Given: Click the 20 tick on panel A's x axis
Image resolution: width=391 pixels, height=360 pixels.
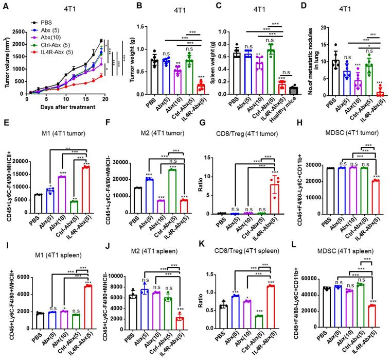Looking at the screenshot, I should tap(105, 99).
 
